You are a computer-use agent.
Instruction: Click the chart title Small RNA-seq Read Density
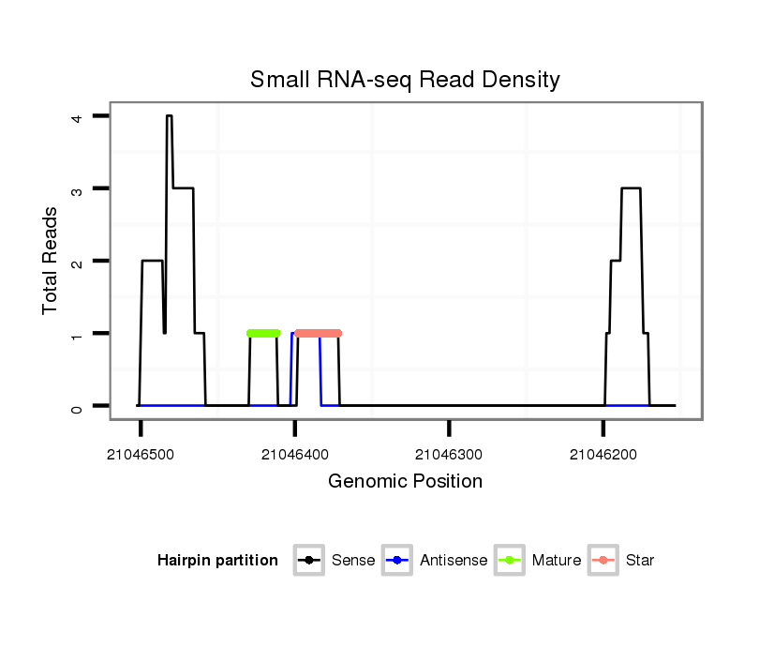[405, 80]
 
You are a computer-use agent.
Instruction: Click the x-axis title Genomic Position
[405, 482]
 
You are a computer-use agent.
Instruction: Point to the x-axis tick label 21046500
[141, 455]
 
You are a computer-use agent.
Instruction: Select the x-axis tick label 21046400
[295, 455]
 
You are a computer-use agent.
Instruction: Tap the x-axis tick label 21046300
[449, 455]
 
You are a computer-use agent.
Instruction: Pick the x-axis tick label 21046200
[603, 455]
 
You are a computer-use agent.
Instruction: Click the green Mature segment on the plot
[263, 333]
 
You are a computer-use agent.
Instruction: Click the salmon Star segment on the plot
[318, 333]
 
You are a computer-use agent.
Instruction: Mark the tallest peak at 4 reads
[170, 116]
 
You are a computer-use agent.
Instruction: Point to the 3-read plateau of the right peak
[631, 188]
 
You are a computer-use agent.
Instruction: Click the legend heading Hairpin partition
[217, 561]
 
